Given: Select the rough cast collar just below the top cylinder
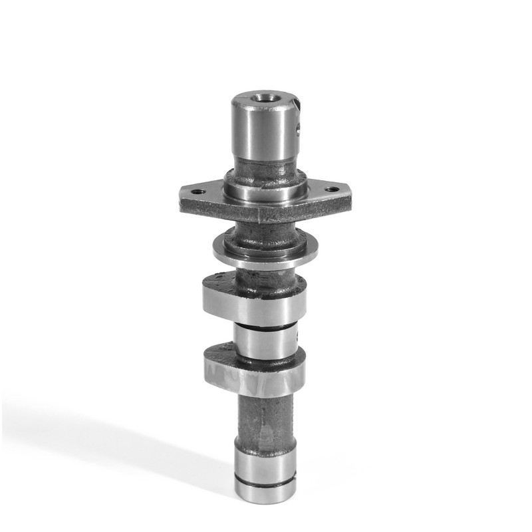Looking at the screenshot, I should (263, 174).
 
